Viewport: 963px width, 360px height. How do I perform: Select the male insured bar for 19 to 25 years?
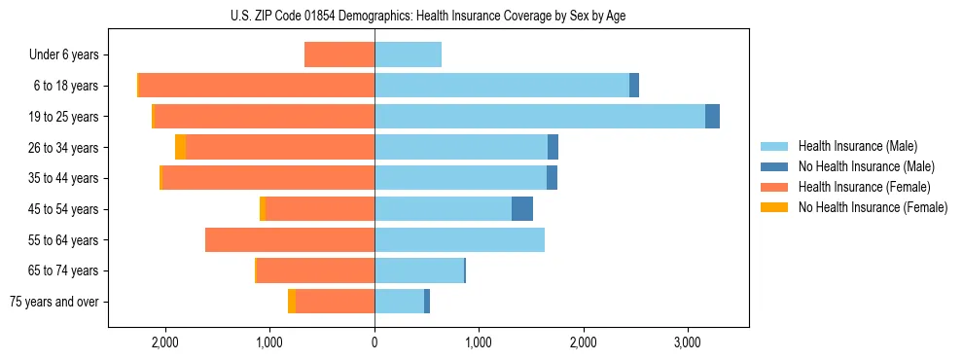pos(540,117)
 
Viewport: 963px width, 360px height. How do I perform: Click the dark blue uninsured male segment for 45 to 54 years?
pos(522,209)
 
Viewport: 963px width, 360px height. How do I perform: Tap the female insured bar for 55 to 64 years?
pos(290,240)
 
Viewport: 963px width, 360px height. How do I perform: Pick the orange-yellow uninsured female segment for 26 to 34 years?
pos(181,148)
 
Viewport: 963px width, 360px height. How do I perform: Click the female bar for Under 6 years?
pos(339,55)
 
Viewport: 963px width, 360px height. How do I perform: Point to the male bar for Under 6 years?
pos(408,55)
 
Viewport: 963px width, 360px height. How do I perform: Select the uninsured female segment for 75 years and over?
pos(292,302)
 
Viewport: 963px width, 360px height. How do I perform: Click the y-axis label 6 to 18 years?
pos(65,87)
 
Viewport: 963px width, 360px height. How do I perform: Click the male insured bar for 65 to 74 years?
pos(419,270)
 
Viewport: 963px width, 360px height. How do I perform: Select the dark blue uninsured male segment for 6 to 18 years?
pos(634,86)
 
